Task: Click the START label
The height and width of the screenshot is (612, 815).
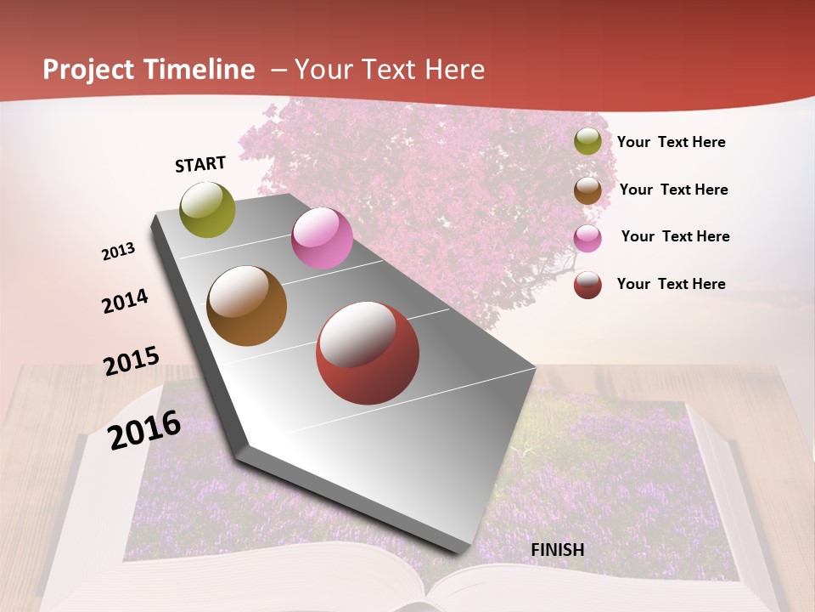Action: [200, 163]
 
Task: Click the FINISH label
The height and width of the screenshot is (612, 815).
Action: [558, 550]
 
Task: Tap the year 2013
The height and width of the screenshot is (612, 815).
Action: [119, 251]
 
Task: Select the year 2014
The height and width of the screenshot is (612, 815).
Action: [126, 301]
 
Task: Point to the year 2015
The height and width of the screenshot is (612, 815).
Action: [132, 360]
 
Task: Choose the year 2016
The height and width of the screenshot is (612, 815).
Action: [144, 429]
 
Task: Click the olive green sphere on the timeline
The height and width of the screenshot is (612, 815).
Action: [208, 209]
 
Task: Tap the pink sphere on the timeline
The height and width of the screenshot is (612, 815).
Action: [322, 238]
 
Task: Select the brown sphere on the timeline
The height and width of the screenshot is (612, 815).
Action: [247, 306]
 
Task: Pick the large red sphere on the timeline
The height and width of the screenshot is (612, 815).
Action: [368, 353]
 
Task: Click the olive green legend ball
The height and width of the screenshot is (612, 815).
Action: [587, 141]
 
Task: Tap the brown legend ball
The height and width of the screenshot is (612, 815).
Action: [587, 190]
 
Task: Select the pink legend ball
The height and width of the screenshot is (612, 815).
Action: [587, 237]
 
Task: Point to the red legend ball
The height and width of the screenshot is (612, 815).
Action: [587, 284]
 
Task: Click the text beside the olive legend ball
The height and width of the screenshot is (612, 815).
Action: [672, 142]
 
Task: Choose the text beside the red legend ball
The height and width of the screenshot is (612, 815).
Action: [672, 284]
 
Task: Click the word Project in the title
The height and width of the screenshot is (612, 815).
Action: [89, 70]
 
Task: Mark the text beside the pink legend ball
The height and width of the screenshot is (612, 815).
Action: [675, 236]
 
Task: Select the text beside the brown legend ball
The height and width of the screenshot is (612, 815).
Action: [673, 190]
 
